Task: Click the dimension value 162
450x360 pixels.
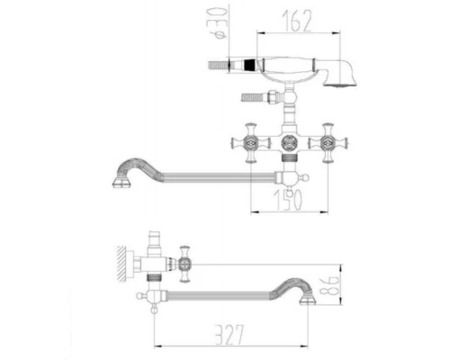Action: pyautogui.click(x=297, y=21)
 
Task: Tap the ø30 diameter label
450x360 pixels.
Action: pyautogui.click(x=220, y=23)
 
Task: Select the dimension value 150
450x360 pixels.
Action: pyautogui.click(x=287, y=200)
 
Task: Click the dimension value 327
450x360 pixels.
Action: pyautogui.click(x=229, y=335)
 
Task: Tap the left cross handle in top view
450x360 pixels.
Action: pyautogui.click(x=251, y=143)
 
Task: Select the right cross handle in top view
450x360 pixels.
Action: pyautogui.click(x=328, y=143)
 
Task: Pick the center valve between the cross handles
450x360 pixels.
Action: pyautogui.click(x=289, y=142)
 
